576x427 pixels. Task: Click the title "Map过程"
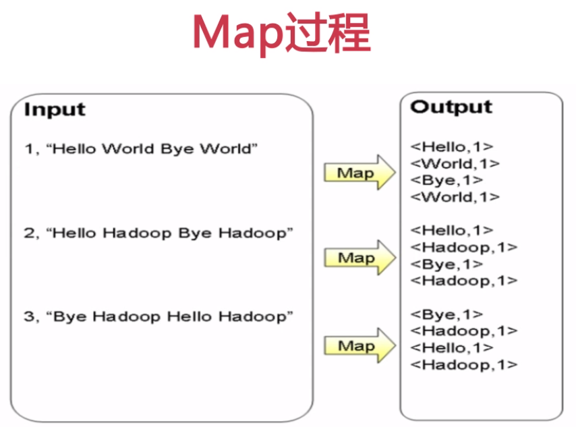pyautogui.click(x=281, y=33)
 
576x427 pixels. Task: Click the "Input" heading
pyautogui.click(x=55, y=109)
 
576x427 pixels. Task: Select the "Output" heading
pyautogui.click(x=451, y=107)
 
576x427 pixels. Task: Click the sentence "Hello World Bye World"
pyautogui.click(x=154, y=148)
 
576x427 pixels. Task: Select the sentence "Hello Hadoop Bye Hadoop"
pyautogui.click(x=172, y=233)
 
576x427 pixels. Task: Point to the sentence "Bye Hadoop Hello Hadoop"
pyautogui.click(x=172, y=317)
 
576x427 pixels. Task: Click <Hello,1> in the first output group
pyautogui.click(x=451, y=146)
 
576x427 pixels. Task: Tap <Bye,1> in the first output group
pyautogui.click(x=447, y=180)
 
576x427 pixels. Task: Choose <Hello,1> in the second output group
pyautogui.click(x=451, y=231)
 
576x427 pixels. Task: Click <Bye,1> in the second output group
pyautogui.click(x=447, y=264)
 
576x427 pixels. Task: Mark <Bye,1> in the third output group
pyautogui.click(x=447, y=314)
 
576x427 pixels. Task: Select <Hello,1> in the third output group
pyautogui.click(x=451, y=348)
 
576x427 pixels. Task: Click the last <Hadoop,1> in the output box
pyautogui.click(x=463, y=365)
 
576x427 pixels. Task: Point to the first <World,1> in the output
pyautogui.click(x=455, y=163)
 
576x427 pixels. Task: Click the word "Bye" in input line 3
pyautogui.click(x=67, y=317)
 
